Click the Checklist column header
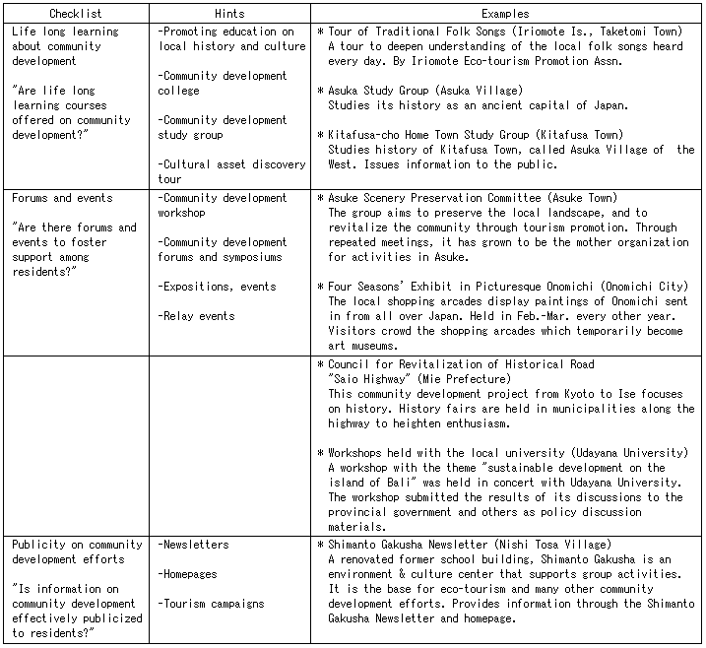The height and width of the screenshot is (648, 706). tap(77, 15)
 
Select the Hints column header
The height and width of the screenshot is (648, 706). tap(232, 15)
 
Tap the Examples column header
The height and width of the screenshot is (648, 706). tap(505, 15)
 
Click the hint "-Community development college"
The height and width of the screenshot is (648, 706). tap(223, 83)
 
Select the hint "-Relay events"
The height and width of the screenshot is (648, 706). tap(197, 316)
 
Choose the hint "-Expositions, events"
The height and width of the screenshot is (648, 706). tap(217, 287)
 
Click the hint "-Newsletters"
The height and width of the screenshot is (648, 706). tap(193, 545)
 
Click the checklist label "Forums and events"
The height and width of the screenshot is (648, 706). tap(62, 198)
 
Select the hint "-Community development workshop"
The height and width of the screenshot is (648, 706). tap(223, 205)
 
